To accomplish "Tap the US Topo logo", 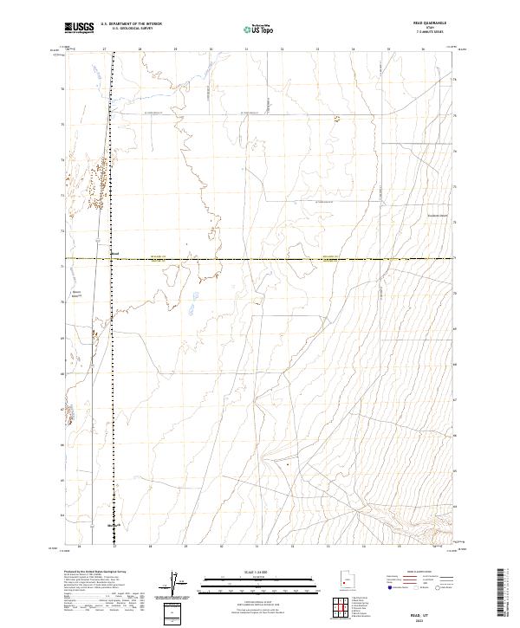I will (259, 29).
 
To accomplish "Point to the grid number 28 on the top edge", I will (140, 50).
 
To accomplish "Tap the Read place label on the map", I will (115, 254).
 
